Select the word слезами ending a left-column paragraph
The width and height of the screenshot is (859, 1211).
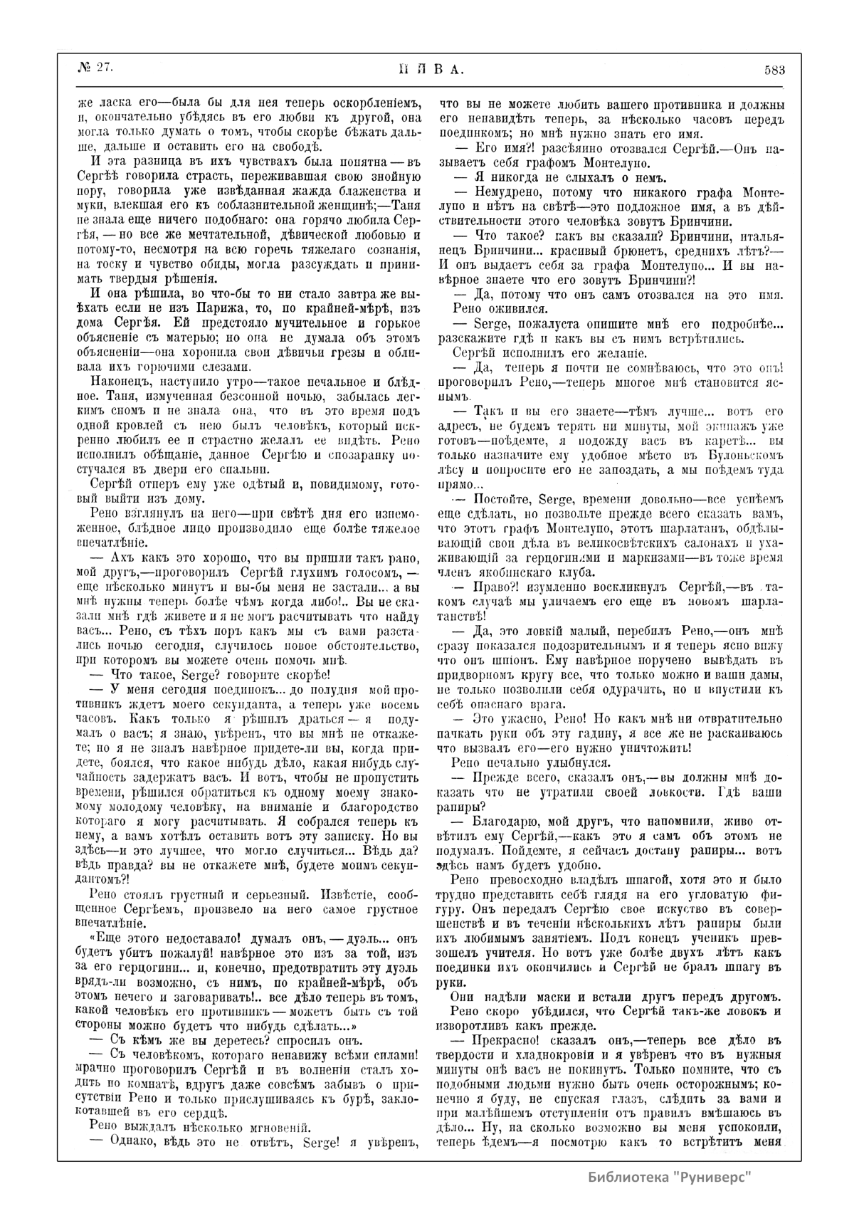point(226,367)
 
